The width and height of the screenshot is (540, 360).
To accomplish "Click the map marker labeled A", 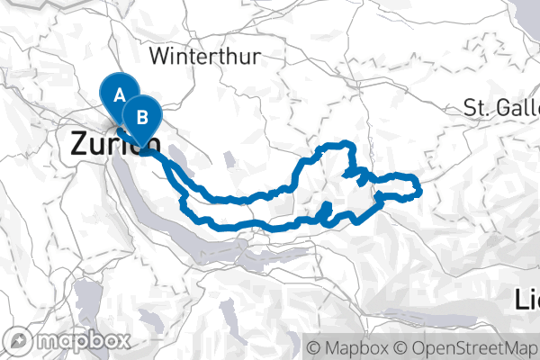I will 119,91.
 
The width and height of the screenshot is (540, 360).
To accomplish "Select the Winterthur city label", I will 206,57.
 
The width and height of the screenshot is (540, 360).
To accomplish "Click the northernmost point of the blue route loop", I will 346,144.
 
